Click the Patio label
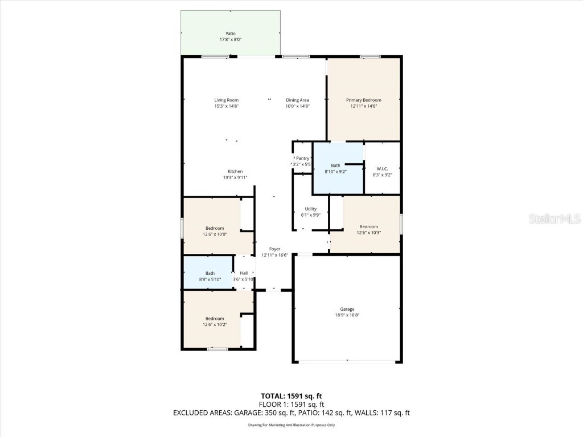[230, 34]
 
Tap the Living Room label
[226, 100]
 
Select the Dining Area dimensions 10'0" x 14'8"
[297, 106]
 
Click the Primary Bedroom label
[364, 100]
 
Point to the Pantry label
[302, 158]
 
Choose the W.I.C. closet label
[382, 168]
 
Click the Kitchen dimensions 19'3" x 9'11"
[235, 178]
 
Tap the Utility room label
[310, 209]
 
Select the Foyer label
[274, 249]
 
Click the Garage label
[347, 309]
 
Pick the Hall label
[244, 273]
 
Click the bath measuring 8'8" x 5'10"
[210, 276]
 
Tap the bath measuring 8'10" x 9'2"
[335, 168]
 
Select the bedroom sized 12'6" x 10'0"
[215, 230]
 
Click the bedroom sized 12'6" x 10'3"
[368, 229]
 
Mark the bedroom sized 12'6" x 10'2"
[215, 321]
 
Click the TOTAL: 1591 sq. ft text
[291, 396]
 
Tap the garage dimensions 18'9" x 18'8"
[347, 315]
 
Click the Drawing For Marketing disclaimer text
[291, 425]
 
